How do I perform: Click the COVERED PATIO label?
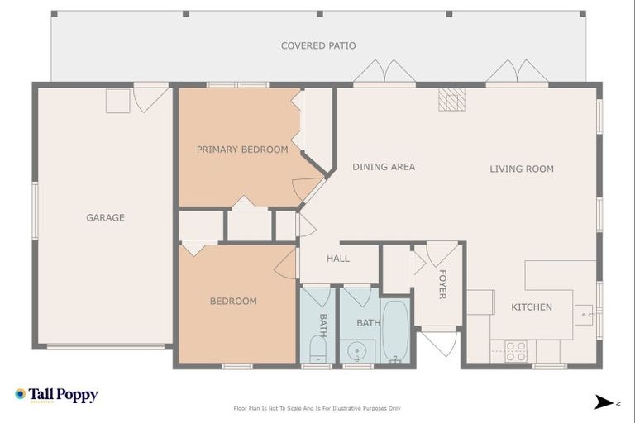pyautogui.click(x=318, y=45)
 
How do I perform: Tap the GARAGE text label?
pyautogui.click(x=105, y=218)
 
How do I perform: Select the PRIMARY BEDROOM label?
pyautogui.click(x=242, y=150)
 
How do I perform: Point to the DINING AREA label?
pyautogui.click(x=384, y=167)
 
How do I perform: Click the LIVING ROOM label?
pyautogui.click(x=522, y=169)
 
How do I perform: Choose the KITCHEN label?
pyautogui.click(x=532, y=307)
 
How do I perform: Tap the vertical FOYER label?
pyautogui.click(x=442, y=284)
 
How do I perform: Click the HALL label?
pyautogui.click(x=338, y=259)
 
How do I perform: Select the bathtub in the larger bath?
pyautogui.click(x=395, y=330)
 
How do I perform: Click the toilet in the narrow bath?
pyautogui.click(x=317, y=351)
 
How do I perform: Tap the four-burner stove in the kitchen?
pyautogui.click(x=516, y=351)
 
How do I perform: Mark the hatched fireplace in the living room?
pyautogui.click(x=451, y=99)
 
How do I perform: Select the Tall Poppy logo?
pyautogui.click(x=56, y=395)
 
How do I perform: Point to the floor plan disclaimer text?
pyautogui.click(x=317, y=408)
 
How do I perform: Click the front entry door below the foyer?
pyautogui.click(x=438, y=342)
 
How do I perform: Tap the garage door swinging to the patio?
pyautogui.click(x=150, y=98)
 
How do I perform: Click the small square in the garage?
pyautogui.click(x=117, y=101)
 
